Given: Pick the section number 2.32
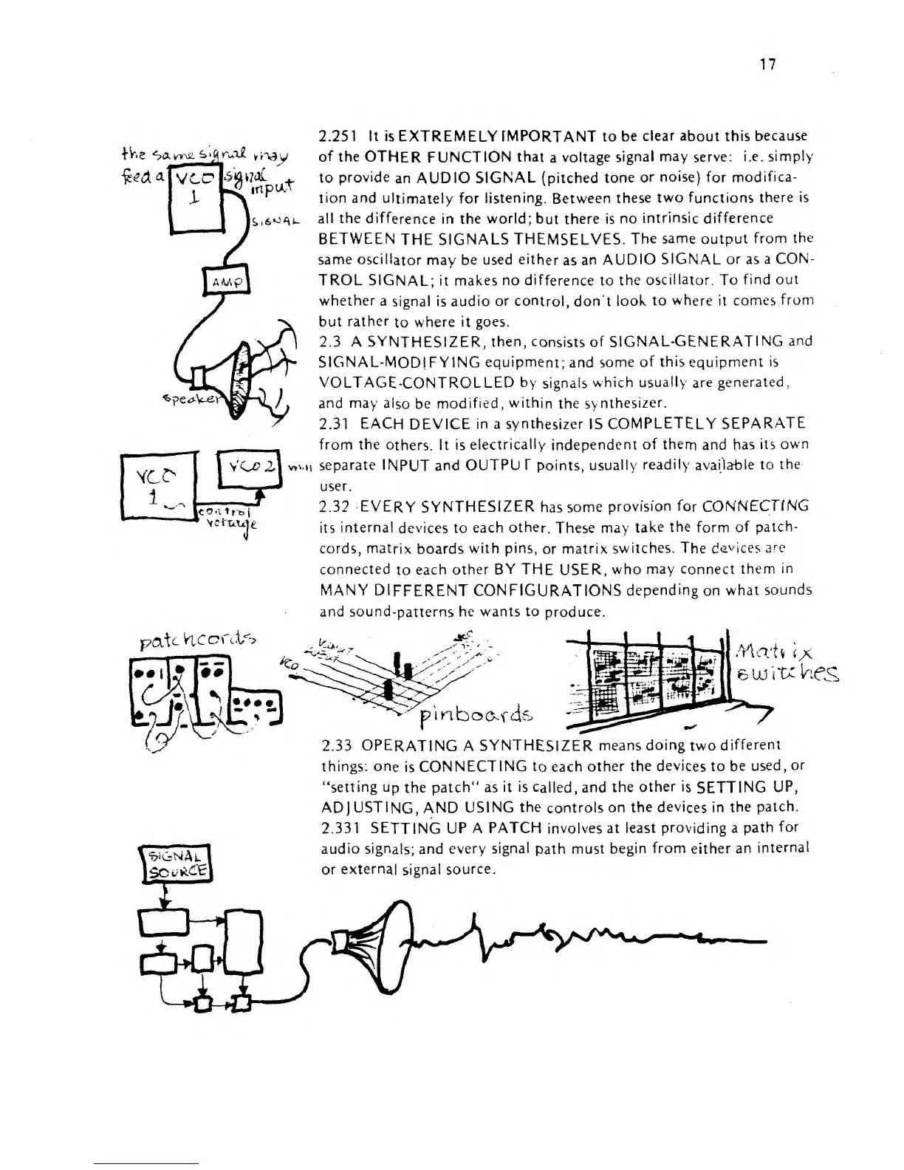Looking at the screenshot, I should (x=335, y=506).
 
